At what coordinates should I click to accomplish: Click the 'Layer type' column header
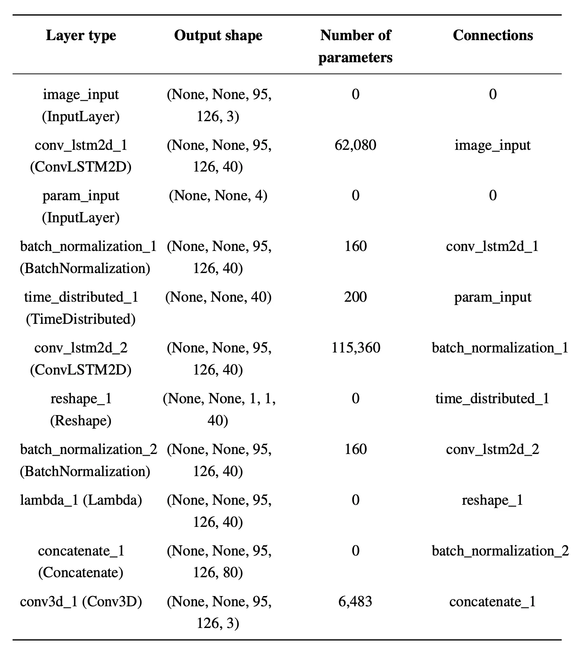81,36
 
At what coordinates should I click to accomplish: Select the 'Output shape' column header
218,36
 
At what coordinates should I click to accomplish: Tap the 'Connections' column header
492,36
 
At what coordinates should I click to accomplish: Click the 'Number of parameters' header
355,46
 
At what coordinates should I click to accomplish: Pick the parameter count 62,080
355,145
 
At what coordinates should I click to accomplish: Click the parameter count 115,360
355,348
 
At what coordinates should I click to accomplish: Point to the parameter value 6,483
355,601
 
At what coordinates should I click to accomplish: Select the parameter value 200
355,297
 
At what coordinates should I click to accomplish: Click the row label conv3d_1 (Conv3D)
81,601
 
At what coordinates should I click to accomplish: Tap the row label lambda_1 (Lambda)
81,500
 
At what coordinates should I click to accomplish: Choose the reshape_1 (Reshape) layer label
81,409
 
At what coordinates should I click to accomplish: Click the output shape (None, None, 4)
218,196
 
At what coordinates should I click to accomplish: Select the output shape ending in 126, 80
218,562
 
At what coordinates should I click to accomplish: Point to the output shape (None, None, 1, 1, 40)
218,409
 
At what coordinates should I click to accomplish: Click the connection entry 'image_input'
492,145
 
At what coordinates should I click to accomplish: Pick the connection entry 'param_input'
492,297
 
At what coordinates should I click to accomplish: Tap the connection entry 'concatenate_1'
492,601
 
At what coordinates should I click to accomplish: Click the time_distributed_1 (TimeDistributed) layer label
81,308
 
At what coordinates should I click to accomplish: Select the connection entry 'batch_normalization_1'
500,348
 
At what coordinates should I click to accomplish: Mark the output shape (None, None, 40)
218,297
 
